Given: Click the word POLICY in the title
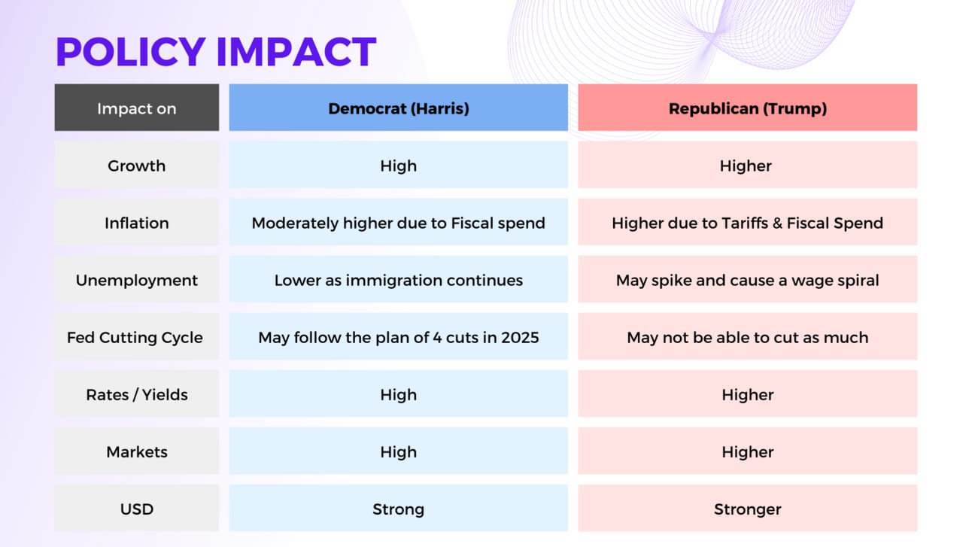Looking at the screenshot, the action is tap(131, 52).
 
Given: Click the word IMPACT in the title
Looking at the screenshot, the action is tap(296, 52).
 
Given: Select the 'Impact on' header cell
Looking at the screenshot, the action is tap(137, 108).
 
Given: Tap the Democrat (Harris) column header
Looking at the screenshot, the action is tap(398, 108).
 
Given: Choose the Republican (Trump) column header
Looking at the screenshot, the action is tap(747, 108).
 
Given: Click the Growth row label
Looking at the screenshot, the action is tap(137, 165).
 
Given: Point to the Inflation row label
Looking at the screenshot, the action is tap(137, 222).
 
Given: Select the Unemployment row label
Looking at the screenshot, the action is tap(137, 280).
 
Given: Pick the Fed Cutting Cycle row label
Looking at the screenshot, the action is tap(137, 337).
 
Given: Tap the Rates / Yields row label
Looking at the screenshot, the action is tap(137, 394).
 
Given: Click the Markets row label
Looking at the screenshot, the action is tap(137, 451).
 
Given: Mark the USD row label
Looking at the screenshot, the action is tap(137, 509).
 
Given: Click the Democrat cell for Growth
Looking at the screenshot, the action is tap(398, 165).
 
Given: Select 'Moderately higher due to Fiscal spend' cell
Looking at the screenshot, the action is tap(398, 222).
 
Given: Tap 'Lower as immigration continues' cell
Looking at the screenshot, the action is tap(398, 280).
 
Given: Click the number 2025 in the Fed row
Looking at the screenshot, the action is tap(520, 337).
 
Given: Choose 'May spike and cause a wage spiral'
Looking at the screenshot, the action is tap(747, 280).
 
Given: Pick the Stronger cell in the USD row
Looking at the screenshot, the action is tap(747, 509).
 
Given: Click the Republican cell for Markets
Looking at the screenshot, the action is tap(747, 451).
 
